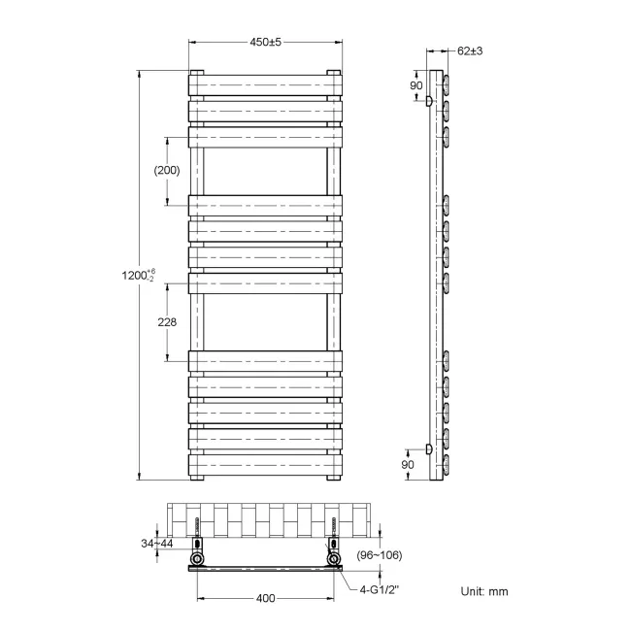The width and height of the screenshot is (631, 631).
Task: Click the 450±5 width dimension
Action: (x=265, y=42)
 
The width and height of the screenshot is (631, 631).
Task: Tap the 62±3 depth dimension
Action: (x=470, y=51)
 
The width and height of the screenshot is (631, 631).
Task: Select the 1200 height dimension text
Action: (x=132, y=276)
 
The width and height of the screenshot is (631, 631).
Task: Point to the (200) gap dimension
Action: (x=167, y=170)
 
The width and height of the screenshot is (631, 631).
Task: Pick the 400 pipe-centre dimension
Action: (x=265, y=598)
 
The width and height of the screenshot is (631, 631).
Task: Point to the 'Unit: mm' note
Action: (x=483, y=591)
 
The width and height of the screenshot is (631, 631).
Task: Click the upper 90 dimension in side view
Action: (x=415, y=86)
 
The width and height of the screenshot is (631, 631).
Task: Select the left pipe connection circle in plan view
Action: (x=198, y=561)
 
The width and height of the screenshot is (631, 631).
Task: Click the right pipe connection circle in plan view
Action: (x=334, y=561)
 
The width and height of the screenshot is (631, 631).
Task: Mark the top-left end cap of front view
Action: (x=197, y=73)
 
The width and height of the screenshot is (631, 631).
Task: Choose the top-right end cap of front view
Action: (x=333, y=73)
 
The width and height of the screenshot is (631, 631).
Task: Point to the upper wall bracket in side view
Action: (x=429, y=100)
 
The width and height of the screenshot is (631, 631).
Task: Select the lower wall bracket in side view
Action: (x=429, y=448)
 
